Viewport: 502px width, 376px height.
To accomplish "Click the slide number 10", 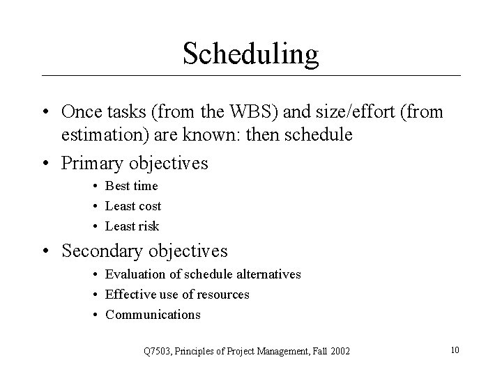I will click(455, 350).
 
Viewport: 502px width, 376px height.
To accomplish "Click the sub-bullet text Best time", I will click(132, 186).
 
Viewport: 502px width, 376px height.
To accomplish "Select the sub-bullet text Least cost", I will click(133, 206).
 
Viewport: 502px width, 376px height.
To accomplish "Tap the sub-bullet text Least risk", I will click(132, 226).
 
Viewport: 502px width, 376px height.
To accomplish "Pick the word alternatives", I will click(268, 274).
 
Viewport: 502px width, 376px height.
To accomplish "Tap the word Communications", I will click(153, 315).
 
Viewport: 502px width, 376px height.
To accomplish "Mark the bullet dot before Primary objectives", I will click(46, 164).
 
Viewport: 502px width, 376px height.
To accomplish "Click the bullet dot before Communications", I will click(95, 315).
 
